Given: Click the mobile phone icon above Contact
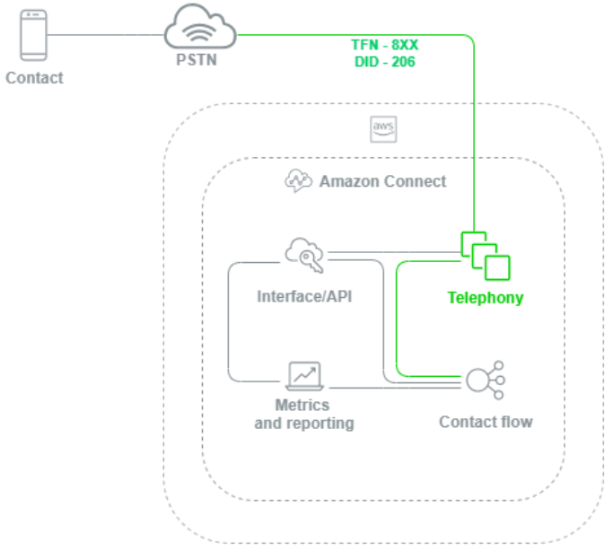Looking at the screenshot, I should (34, 35).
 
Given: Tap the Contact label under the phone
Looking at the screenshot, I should (34, 78).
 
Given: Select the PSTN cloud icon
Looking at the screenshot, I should (199, 31).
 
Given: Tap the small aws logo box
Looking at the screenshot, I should (383, 129).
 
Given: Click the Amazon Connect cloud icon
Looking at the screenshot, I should (298, 180).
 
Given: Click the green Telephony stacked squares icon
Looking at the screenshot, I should (485, 256).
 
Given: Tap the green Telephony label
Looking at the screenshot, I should (486, 297).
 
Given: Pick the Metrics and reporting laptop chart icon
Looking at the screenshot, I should (303, 374).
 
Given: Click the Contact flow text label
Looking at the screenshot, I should (486, 421).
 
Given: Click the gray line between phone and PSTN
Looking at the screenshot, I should (108, 35).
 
